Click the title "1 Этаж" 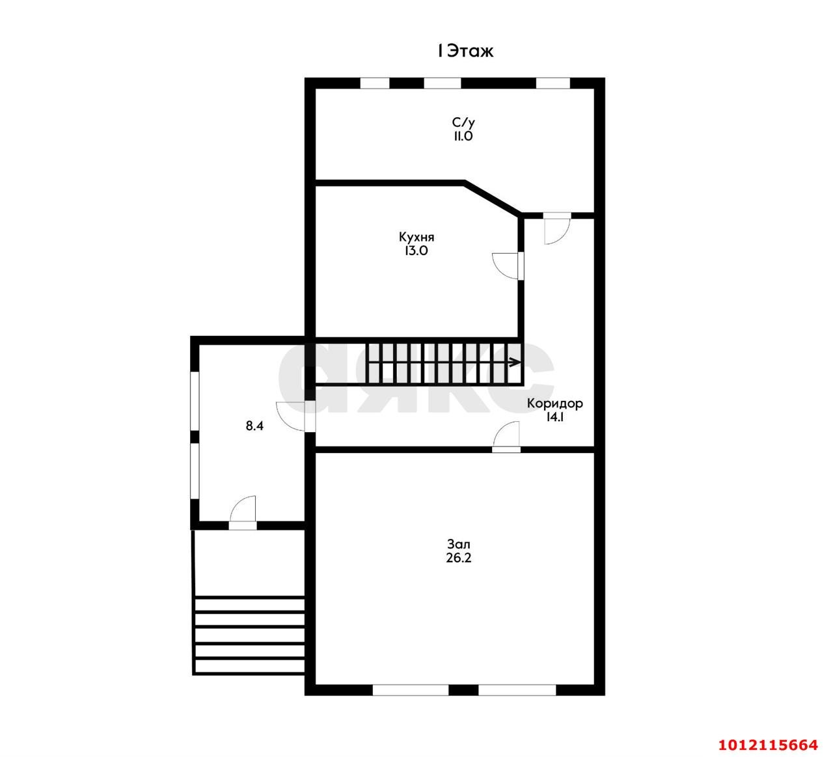click(465, 51)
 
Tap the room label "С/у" click(463, 122)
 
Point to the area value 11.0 click(463, 136)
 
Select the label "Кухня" click(416, 237)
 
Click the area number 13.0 click(416, 251)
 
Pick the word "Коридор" click(554, 404)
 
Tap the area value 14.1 click(554, 417)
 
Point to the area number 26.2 click(458, 558)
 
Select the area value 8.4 click(254, 426)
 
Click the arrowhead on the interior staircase click(515, 362)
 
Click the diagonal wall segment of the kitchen click(493, 199)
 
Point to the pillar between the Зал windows click(463, 690)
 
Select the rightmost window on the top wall click(553, 83)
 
